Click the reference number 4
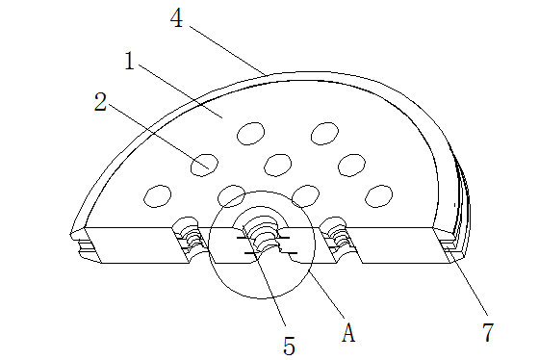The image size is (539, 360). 176,18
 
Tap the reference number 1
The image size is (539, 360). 130,61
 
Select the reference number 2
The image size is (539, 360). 100,102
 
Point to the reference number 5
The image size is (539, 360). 289,346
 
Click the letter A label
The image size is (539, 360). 348,332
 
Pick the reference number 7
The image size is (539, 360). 488,332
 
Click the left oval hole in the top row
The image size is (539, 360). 250,134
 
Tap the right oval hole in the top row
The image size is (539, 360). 325,134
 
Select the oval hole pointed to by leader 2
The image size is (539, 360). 204,165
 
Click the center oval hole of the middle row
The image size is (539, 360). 278,165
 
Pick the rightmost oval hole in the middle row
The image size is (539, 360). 351,165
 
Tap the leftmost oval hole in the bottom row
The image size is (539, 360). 158,196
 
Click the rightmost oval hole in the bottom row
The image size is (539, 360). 379,196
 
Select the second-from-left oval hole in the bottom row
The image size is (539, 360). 232,196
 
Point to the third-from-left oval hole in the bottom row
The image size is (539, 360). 306,196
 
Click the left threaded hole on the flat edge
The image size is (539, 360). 189,237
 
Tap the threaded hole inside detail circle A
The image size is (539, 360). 262,237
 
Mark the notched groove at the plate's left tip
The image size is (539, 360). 86,246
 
